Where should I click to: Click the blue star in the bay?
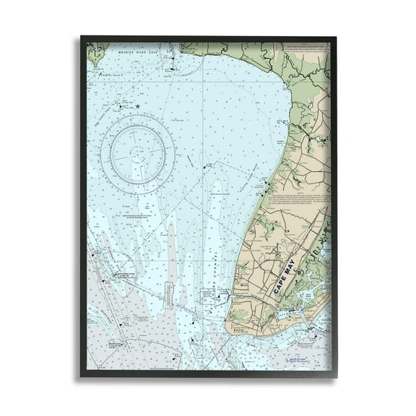tap(137, 106)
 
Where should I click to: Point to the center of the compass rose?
tap(137, 152)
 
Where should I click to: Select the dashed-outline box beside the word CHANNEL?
tap(205, 295)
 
